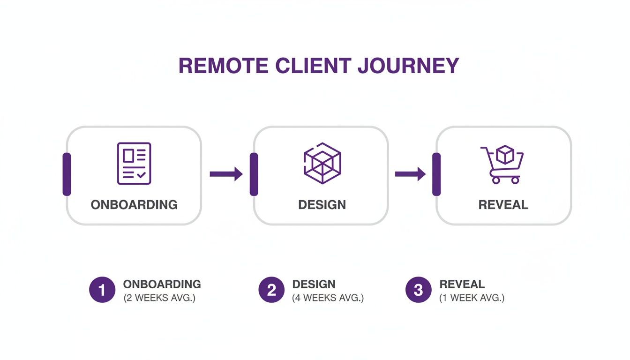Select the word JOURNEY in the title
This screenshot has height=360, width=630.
pos(408,66)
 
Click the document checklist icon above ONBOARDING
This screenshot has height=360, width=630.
pos(134,164)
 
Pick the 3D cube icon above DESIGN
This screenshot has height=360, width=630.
pos(322,163)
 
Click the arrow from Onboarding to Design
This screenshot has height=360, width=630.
pos(226,174)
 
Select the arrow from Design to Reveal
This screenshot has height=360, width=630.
pos(410,174)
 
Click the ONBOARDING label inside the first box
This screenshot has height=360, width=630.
pos(134,205)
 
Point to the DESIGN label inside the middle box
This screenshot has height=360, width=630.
pos(322,205)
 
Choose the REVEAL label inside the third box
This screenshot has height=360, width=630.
pos(503,205)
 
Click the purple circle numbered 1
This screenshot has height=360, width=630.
pos(102,290)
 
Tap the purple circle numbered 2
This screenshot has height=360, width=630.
pos(271,290)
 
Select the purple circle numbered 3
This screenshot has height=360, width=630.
pos(418,290)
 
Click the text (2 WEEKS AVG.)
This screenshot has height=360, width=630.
pos(159,298)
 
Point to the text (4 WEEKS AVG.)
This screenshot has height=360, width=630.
pos(328,298)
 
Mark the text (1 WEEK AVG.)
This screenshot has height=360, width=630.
pos(472,298)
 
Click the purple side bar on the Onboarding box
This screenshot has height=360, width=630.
pos(67,174)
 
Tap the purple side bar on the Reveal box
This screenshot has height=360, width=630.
pos(436,174)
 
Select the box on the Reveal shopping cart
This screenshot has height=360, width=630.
pos(505,155)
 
